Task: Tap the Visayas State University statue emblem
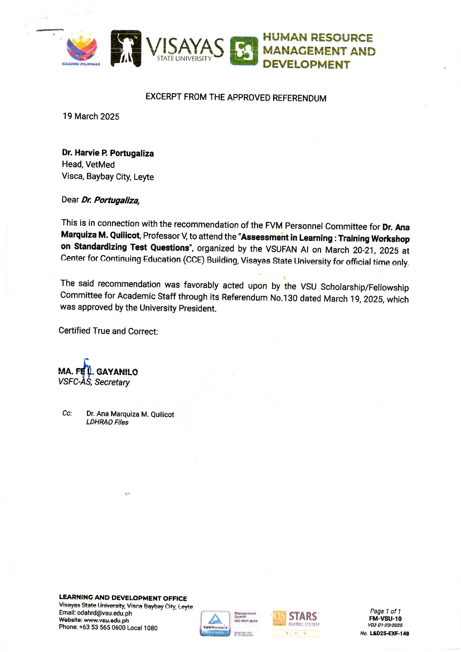point(126,48)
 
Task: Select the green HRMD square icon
point(244,51)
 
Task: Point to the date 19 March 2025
point(91,117)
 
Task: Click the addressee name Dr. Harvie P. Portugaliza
point(108,153)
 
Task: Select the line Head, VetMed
point(88,165)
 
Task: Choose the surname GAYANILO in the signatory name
point(117,372)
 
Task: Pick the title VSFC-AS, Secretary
point(94,382)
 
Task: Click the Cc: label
point(67,413)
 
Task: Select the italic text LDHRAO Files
point(107,422)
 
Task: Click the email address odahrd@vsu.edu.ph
point(105,613)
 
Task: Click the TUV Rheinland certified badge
point(215,623)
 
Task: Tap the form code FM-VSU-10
point(385,619)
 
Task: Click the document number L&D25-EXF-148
point(389,634)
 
